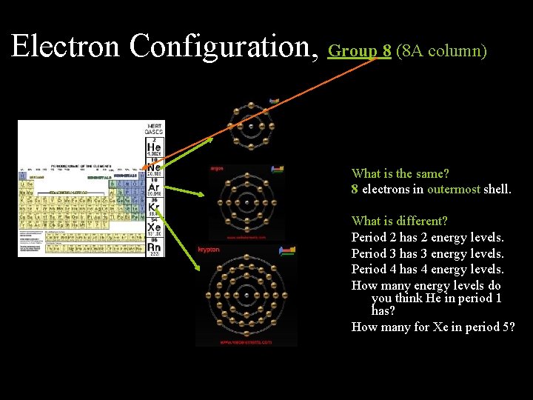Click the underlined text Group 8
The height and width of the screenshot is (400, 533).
pos(360,51)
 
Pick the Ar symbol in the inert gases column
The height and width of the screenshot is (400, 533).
pos(154,187)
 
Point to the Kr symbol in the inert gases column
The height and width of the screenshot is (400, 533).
pos(154,207)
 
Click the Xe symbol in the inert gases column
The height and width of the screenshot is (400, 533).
pos(154,227)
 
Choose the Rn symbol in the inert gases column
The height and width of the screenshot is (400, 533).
pos(154,247)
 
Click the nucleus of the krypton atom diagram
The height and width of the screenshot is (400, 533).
pos(246,296)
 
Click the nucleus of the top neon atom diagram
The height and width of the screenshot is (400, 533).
pos(251,126)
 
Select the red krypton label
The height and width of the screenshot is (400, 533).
pos(209,250)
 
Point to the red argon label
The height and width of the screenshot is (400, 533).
pos(217,168)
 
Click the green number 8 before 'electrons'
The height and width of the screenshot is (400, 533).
pos(355,189)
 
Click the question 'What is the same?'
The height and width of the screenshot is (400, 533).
pos(400,173)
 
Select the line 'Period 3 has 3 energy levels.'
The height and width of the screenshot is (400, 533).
pos(427,253)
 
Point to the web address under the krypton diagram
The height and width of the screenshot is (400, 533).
pos(246,342)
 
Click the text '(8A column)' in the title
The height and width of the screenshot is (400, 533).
pos(441,51)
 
